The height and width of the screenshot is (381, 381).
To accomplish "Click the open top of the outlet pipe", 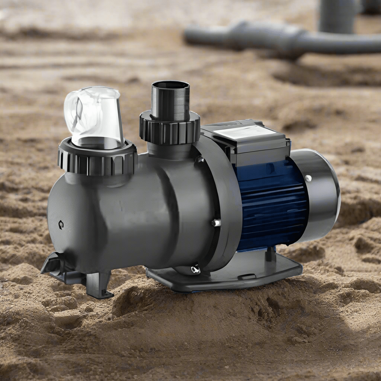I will [170, 85].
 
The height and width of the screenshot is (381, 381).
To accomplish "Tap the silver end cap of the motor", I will [320, 190].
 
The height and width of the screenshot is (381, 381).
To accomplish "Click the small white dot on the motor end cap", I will [308, 178].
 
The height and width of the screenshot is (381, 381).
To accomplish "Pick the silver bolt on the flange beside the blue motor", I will [216, 222].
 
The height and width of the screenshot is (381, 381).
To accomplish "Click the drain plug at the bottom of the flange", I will [195, 269].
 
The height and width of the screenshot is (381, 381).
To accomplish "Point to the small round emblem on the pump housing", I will [61, 225].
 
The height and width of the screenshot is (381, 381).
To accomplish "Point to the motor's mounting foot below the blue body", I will [270, 255].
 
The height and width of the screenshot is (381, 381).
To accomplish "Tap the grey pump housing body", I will [130, 216].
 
